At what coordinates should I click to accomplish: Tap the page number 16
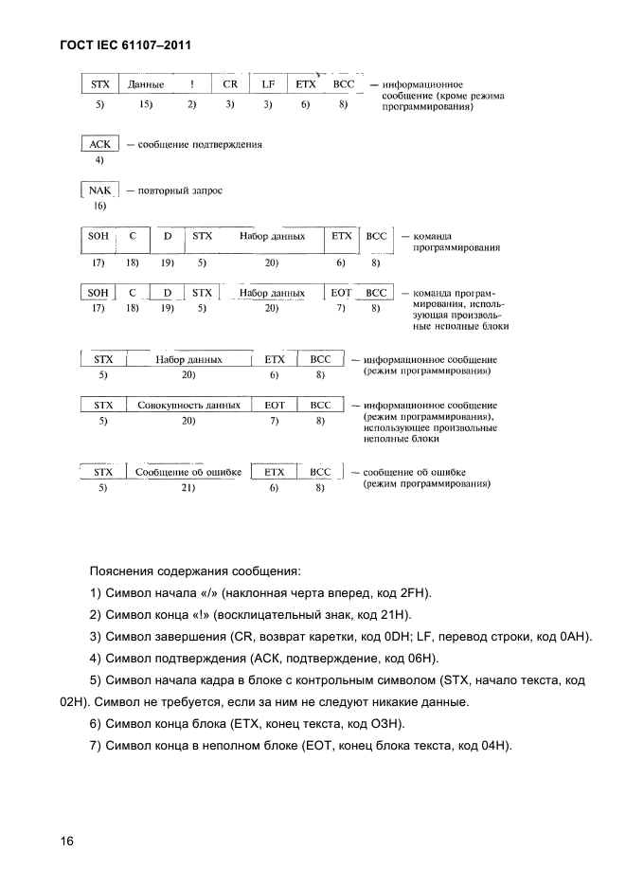[x=66, y=842]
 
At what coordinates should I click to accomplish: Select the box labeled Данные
[x=146, y=84]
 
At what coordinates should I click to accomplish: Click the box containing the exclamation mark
[x=191, y=84]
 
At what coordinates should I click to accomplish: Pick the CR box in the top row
[x=230, y=84]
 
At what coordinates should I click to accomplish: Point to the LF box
[x=268, y=84]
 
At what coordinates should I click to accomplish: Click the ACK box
[x=99, y=144]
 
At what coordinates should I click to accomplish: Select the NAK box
[x=99, y=190]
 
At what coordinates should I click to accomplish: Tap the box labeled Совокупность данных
[x=188, y=405]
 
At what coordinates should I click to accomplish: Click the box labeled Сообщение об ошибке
[x=188, y=471]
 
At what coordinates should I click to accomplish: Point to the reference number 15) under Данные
[x=146, y=104]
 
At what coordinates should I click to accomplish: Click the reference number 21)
[x=188, y=488]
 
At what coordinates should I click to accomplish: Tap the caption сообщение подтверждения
[x=200, y=145]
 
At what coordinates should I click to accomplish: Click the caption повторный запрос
[x=180, y=190]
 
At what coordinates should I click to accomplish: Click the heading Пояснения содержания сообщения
[x=194, y=571]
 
